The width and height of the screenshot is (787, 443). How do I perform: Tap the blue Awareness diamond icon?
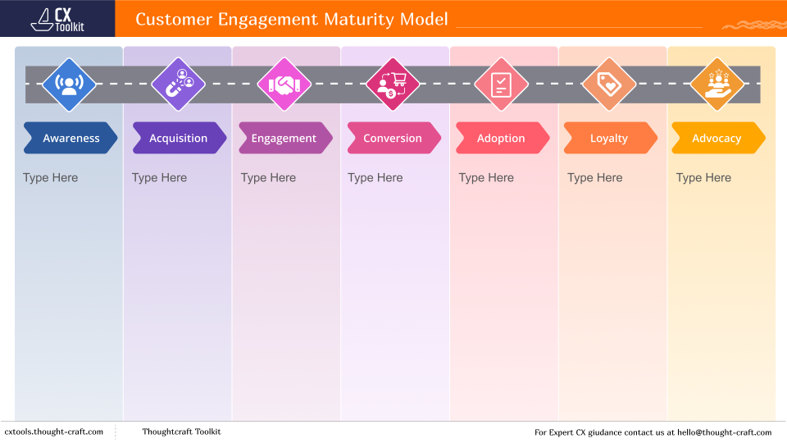point(70,84)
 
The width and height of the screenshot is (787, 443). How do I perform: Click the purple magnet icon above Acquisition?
point(178,84)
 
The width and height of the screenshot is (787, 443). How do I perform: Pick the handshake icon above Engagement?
point(284,84)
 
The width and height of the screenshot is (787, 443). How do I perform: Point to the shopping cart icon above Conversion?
point(393,84)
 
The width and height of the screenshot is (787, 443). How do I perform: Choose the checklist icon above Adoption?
point(501,84)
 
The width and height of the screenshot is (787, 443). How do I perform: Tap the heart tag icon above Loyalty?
point(609,84)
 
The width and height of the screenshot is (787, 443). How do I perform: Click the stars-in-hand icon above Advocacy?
point(716,84)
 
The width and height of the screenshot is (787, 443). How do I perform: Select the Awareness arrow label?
point(71,139)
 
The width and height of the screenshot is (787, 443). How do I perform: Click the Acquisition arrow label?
point(179,139)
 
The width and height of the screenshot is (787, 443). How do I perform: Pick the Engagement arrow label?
point(284,139)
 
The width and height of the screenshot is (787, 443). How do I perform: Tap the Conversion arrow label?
point(393,139)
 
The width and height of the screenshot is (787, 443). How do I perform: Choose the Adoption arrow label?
point(501,139)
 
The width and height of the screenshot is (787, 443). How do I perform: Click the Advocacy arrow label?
point(716,139)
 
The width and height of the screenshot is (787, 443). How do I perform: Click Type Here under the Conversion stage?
point(375,178)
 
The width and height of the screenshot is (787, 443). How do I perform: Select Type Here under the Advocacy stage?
point(703,178)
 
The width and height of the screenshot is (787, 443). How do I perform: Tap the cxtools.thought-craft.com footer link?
point(54,432)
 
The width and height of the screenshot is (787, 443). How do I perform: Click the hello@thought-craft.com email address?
point(718,432)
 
